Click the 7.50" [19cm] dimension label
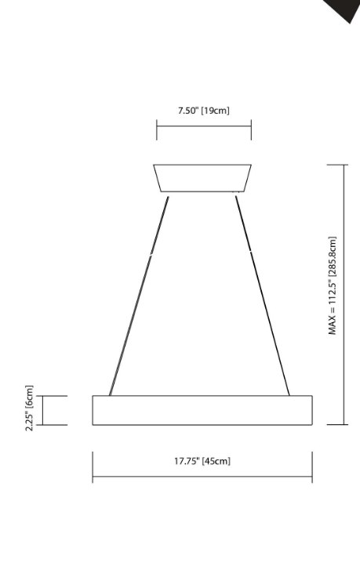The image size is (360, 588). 203,111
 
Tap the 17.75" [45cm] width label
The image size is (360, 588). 202,461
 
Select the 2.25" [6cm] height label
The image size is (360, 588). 30,408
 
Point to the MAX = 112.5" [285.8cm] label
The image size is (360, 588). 333,286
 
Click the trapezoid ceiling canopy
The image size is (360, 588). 202,178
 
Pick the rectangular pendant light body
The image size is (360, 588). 202,410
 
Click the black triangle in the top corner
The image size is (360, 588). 343,9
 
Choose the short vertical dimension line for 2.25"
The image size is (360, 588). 42,410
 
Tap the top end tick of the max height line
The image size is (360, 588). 337,165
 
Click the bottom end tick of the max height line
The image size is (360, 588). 337,424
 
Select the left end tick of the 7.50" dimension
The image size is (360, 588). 157,130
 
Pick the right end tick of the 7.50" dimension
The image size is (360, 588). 251,130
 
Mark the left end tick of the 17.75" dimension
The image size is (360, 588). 93,466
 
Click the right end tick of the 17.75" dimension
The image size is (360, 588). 312,466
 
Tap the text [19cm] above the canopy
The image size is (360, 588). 216,111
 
